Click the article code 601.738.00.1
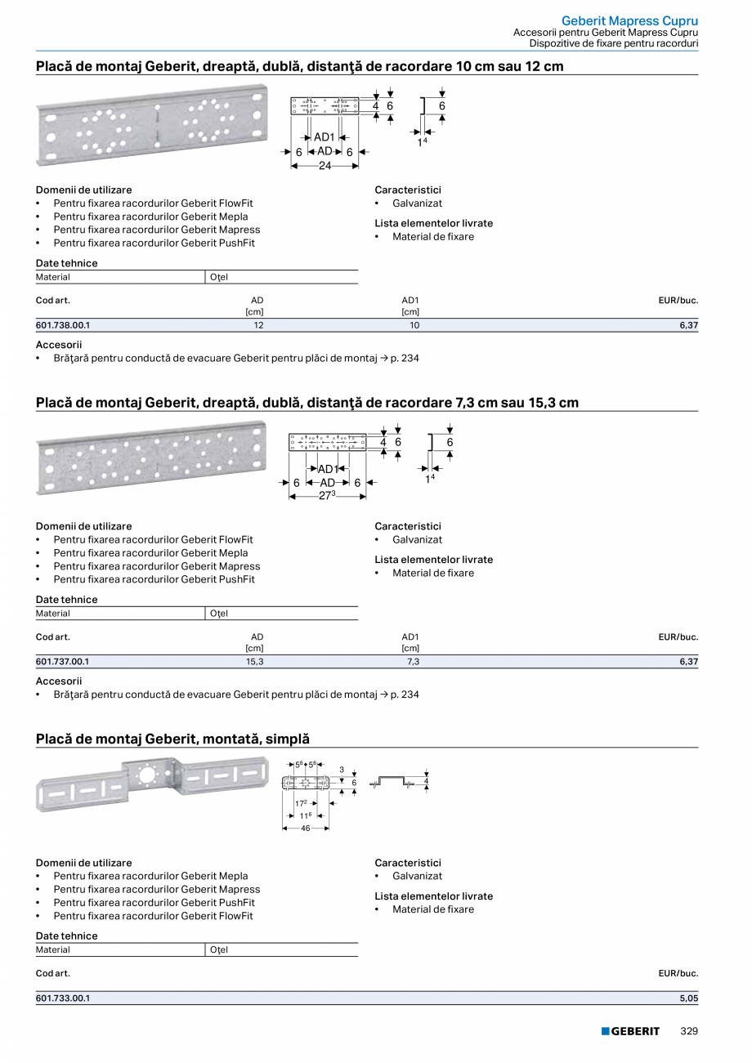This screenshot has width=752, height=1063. [63, 325]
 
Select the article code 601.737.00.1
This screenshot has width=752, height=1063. [63, 662]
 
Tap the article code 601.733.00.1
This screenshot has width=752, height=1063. [63, 998]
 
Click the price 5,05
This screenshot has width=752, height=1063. [689, 998]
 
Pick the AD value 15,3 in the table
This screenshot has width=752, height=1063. [254, 662]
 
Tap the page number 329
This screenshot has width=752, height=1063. [689, 1031]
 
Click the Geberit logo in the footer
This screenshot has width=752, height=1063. [630, 1031]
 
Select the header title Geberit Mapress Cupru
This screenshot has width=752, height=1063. [629, 20]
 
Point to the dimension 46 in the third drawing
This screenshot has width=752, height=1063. [306, 829]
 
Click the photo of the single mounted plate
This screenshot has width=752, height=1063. [152, 784]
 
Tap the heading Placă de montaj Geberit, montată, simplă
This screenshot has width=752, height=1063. [172, 739]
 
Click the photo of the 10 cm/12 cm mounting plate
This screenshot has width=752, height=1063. [152, 123]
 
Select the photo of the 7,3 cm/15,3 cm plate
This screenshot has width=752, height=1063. [152, 458]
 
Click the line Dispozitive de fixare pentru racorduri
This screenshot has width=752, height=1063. [613, 43]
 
